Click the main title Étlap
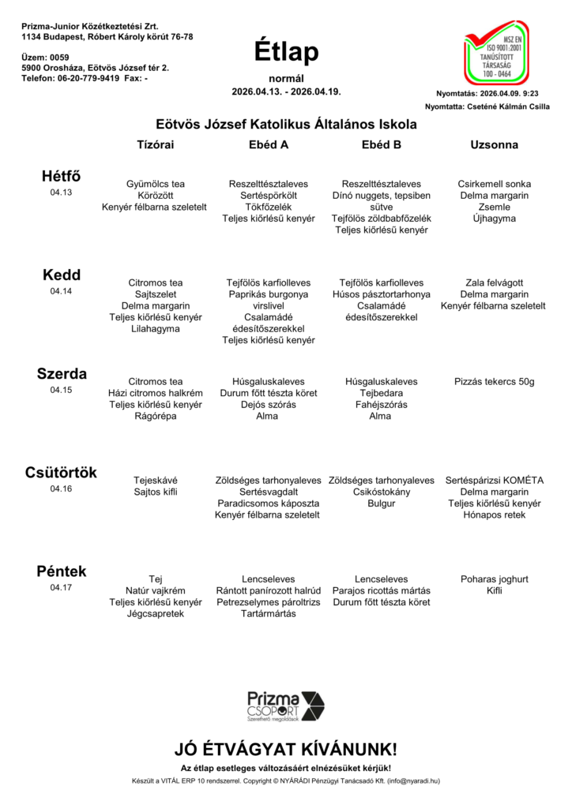(x=286, y=51)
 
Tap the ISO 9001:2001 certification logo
(x=496, y=53)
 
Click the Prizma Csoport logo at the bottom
(x=285, y=705)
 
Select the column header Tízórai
(x=156, y=145)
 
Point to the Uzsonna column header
(x=494, y=145)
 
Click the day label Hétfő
(x=61, y=176)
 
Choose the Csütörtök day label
(x=61, y=473)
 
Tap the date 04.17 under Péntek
(x=61, y=588)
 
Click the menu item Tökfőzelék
(x=269, y=207)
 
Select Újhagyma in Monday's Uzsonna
(x=494, y=219)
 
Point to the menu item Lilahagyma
(x=156, y=329)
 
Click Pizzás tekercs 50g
(x=494, y=382)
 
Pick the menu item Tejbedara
(x=381, y=393)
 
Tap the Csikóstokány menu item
(x=381, y=492)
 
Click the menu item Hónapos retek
(x=494, y=515)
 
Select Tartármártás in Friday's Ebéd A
(x=269, y=613)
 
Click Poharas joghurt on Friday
(x=494, y=578)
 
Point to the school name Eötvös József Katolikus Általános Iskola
(x=286, y=124)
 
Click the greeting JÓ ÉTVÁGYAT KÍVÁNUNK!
(x=286, y=749)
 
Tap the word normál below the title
(x=286, y=78)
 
